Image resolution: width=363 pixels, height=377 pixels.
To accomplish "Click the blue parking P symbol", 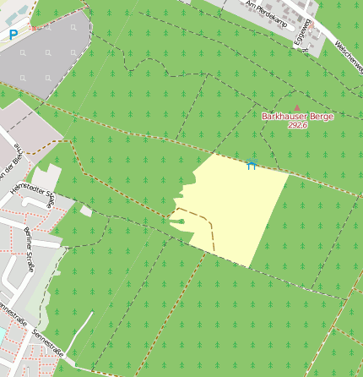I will [13, 35].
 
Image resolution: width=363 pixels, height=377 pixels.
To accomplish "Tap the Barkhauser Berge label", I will [297, 116].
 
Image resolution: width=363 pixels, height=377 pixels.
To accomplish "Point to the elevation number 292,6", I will [297, 125].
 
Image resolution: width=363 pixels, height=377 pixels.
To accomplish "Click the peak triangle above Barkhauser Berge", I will [297, 107].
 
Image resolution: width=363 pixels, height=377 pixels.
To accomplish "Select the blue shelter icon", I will [251, 165].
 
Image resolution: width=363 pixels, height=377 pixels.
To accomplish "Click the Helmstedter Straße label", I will [32, 190].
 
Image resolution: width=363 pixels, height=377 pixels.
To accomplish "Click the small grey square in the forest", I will [86, 210].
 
